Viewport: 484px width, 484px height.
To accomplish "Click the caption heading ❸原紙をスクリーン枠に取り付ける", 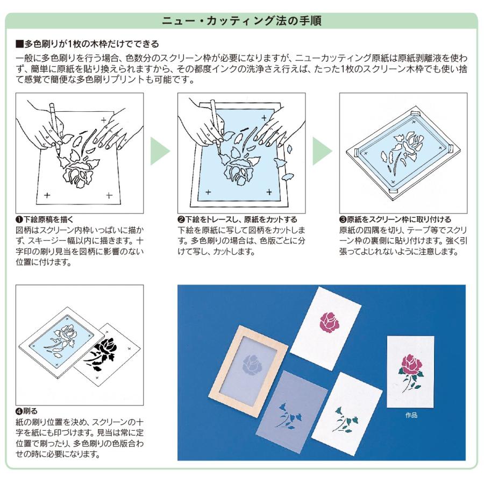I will click(x=395, y=219).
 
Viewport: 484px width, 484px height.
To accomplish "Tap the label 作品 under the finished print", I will click(x=411, y=415).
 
